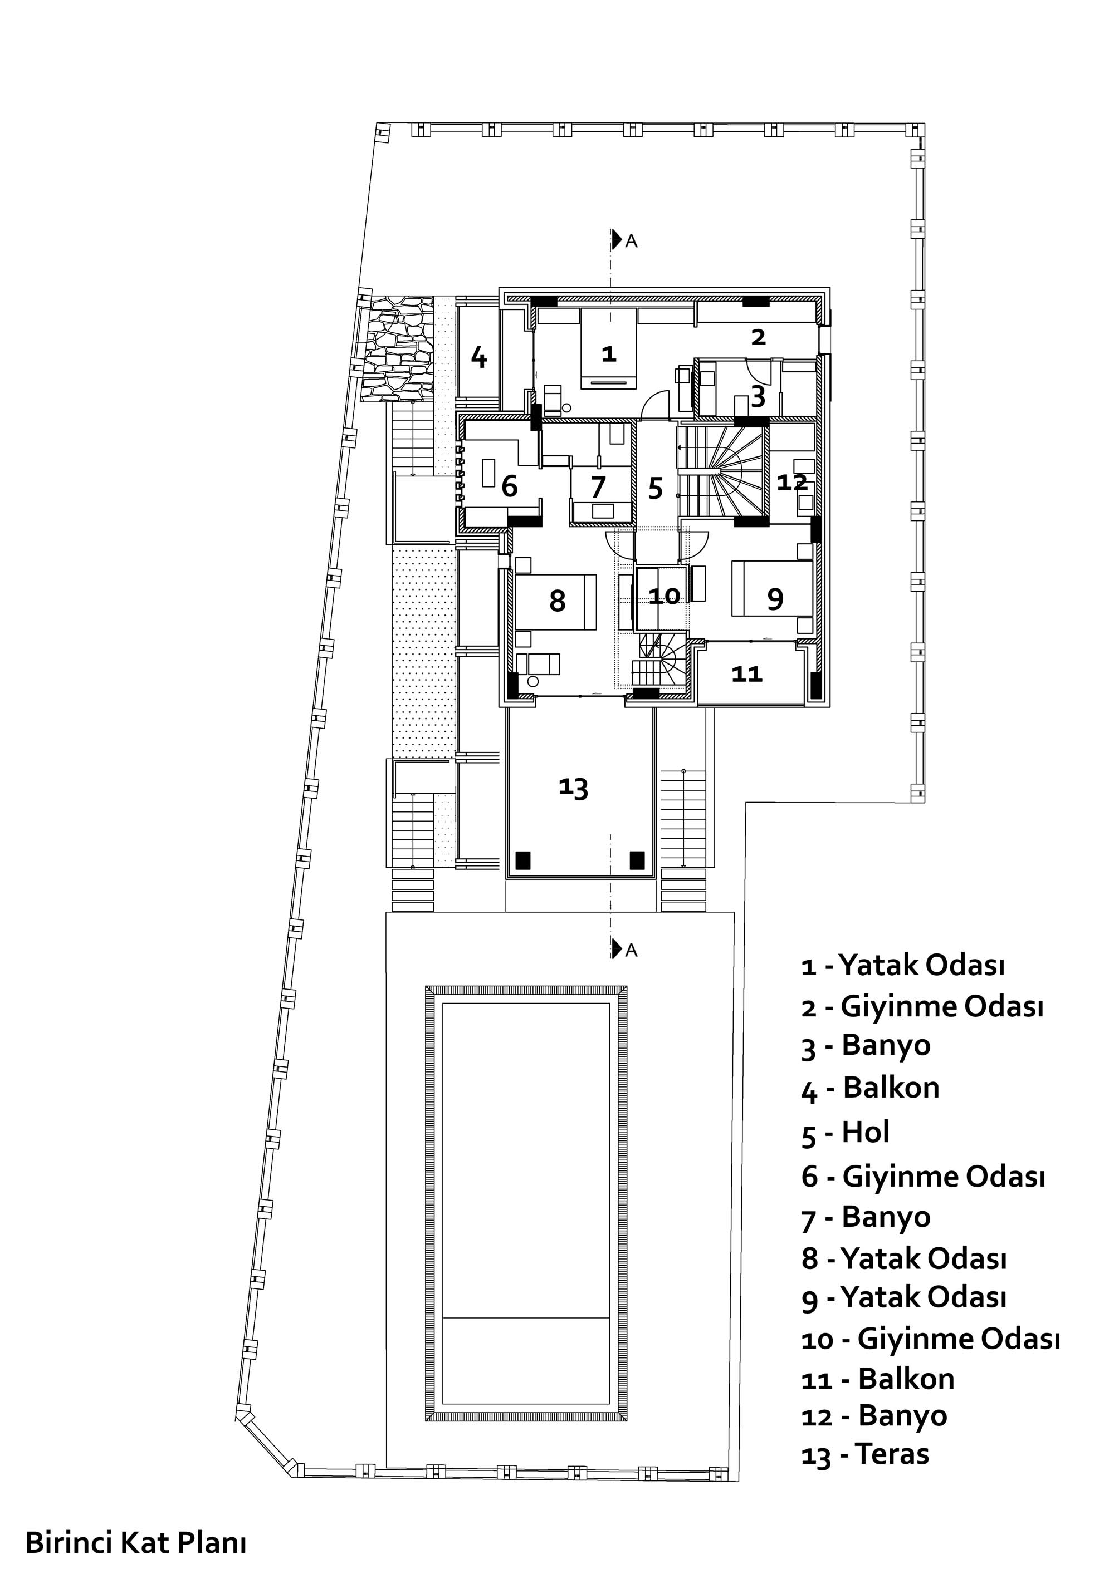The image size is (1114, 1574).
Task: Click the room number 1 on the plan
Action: pos(608,354)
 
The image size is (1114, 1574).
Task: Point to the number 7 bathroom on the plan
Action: pos(598,487)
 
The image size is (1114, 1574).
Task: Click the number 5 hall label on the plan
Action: pos(656,488)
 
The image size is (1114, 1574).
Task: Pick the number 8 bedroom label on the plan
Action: pos(558,601)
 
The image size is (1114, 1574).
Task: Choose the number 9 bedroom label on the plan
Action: pos(775,599)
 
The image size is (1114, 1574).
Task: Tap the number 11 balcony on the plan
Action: pos(747,674)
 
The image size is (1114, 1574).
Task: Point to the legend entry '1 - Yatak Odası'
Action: pos(903,965)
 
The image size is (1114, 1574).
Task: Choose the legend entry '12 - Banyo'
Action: pos(874,1415)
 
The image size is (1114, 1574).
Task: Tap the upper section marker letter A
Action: pos(632,242)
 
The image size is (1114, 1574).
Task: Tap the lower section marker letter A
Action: pos(632,950)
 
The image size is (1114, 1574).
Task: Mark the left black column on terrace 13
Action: pos(524,860)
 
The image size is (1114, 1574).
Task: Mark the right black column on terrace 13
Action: pos(637,860)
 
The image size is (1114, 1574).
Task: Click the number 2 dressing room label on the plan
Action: pos(758,337)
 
